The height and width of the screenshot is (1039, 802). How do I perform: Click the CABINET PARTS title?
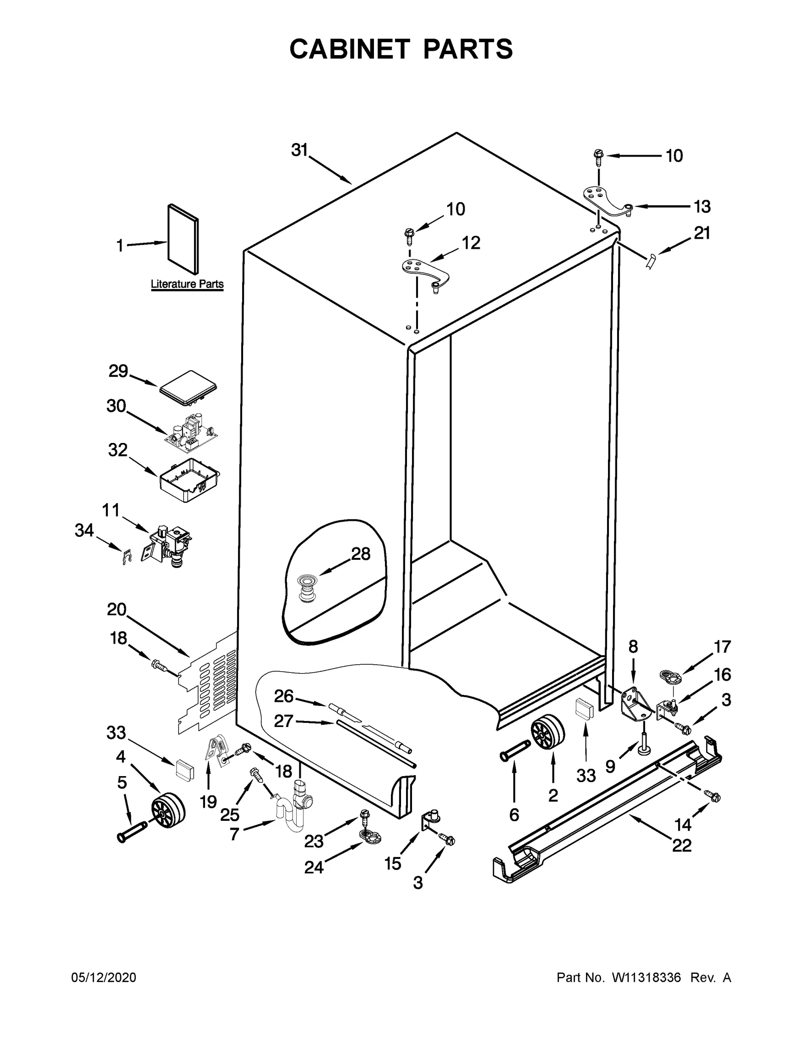click(401, 49)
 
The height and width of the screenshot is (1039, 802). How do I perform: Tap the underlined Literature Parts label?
click(187, 284)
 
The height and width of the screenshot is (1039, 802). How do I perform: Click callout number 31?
click(299, 150)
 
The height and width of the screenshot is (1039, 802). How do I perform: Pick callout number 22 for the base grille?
click(682, 845)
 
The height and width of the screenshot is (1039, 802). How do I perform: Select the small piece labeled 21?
click(650, 262)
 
